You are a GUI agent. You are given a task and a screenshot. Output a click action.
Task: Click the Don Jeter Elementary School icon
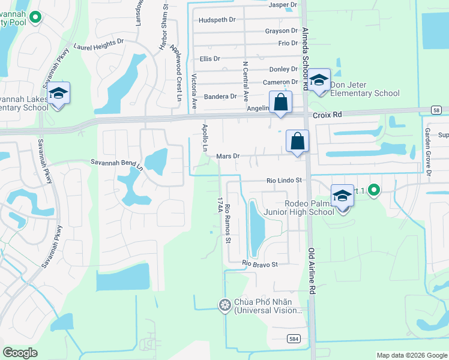coord(319,80)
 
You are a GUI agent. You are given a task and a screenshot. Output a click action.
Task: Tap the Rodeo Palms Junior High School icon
coord(342,196)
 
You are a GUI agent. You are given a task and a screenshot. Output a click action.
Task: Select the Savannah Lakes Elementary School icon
coord(58,94)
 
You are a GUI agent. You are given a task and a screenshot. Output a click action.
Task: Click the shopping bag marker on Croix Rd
coord(280,103)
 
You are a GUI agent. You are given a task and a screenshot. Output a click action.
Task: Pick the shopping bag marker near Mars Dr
coord(297,142)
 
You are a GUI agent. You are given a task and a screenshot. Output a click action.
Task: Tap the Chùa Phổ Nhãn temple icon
coord(225,306)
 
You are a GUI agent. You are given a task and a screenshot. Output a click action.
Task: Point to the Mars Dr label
coord(228,156)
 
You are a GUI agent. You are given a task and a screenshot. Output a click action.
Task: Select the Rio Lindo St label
coord(283,180)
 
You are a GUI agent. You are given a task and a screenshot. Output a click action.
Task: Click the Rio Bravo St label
coord(260,264)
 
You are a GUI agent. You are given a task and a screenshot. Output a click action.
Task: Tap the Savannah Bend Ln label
coord(117,162)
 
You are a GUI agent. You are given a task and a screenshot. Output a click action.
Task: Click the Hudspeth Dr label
coord(217,20)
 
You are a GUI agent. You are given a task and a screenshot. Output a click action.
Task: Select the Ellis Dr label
coord(210,59)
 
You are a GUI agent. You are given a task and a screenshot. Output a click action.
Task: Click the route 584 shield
coord(291,339)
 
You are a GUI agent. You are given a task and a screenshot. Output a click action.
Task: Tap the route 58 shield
coord(436,110)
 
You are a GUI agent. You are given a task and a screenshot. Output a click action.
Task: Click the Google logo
coord(20,353)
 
